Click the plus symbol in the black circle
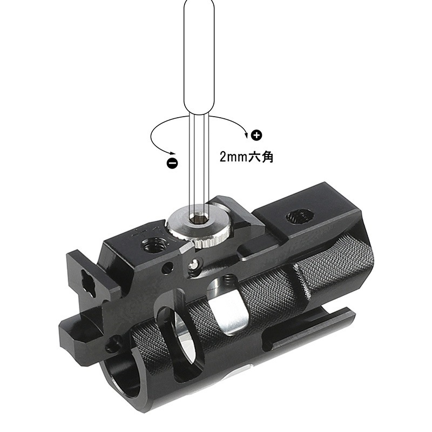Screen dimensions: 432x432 pos(256,134)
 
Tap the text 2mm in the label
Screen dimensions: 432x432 pos(232,157)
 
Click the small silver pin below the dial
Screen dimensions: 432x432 pos(193,264)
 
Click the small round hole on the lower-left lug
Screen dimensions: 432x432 pos(115,342)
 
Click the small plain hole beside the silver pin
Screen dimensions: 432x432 pos(170,267)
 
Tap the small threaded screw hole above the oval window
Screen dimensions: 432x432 pos(226,279)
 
